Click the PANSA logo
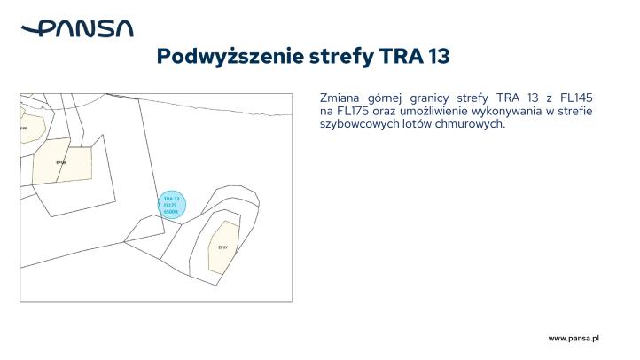pos(77,29)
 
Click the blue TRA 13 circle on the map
pos(171,206)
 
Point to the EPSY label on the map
pos(223,247)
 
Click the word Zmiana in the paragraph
pos(340,98)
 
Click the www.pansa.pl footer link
pos(574,339)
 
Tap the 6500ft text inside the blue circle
pos(171,213)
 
